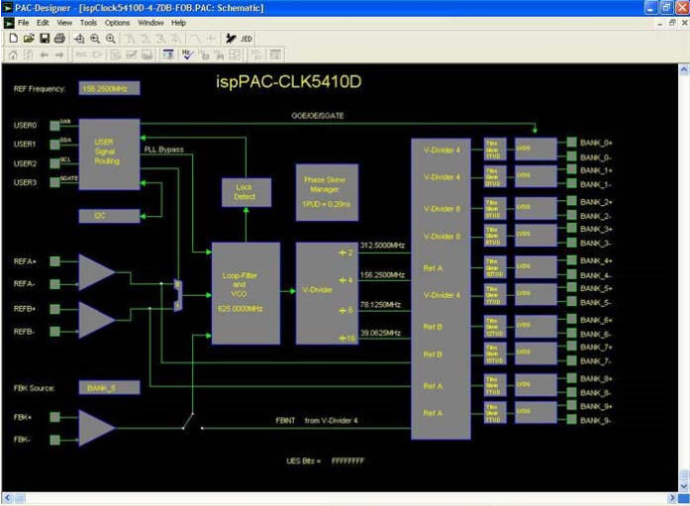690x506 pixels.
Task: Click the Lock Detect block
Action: [x=245, y=191]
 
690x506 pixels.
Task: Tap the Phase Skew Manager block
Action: [x=327, y=192]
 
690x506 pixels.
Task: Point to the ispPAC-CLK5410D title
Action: [x=288, y=80]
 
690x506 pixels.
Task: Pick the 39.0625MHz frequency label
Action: [x=382, y=334]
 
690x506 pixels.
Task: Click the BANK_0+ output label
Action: [x=596, y=143]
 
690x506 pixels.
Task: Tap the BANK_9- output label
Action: [x=596, y=421]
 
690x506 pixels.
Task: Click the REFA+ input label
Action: [x=26, y=261]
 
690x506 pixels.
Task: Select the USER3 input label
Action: [x=25, y=182]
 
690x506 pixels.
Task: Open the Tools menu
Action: [x=88, y=22]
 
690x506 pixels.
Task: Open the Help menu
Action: [x=178, y=22]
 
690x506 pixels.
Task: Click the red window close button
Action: [x=680, y=7]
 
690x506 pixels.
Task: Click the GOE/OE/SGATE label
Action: [x=316, y=117]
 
